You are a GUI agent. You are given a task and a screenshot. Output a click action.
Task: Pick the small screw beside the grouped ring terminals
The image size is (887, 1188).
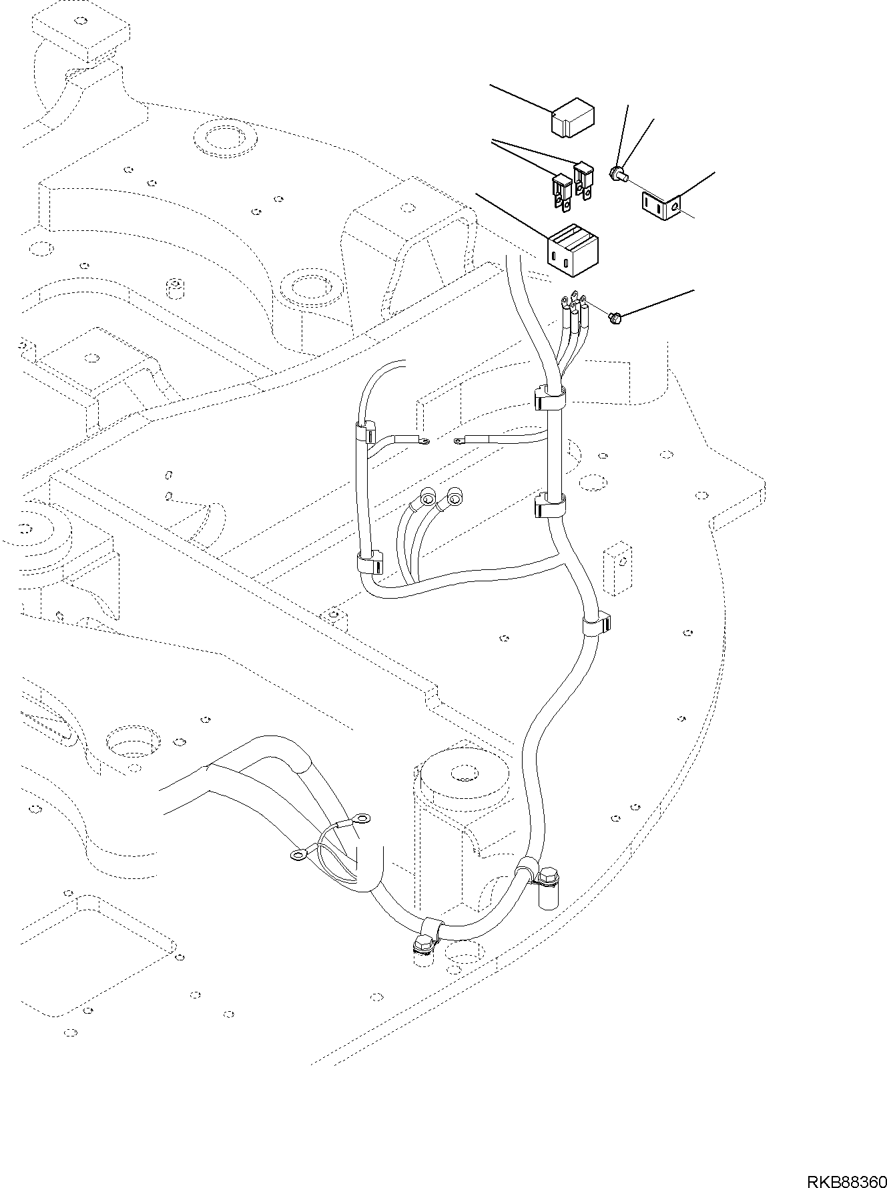coord(615,318)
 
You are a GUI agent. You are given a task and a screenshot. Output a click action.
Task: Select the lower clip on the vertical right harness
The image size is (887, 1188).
coord(549,505)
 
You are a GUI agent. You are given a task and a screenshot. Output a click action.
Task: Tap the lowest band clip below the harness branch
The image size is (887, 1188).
coord(595,624)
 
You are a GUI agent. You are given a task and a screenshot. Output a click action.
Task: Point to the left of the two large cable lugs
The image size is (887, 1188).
coord(426,498)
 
